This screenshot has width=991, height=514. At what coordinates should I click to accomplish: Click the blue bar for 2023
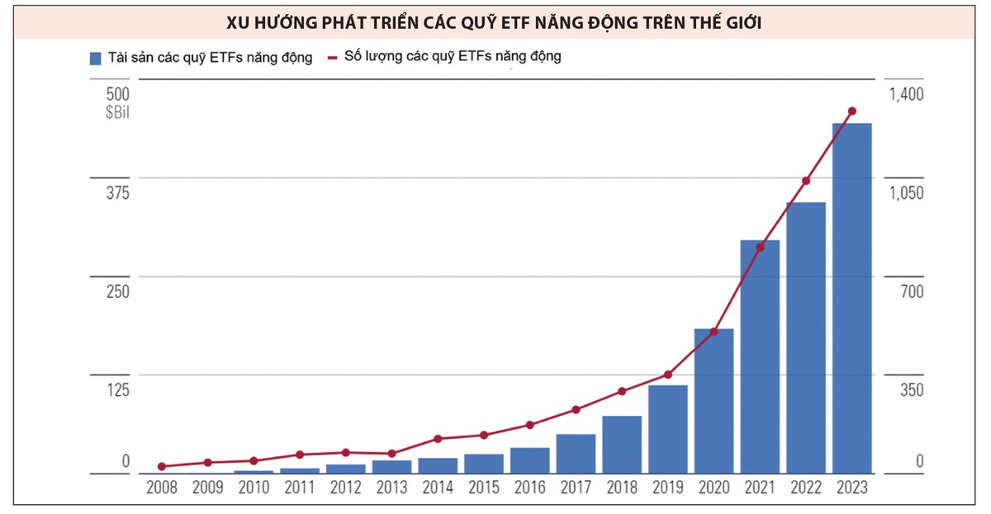851,297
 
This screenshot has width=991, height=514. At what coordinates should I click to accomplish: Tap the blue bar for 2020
714,401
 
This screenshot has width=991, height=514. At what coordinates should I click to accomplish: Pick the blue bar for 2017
576,454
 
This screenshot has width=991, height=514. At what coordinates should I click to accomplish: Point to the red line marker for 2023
852,111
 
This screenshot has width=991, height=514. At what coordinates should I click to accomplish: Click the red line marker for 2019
668,375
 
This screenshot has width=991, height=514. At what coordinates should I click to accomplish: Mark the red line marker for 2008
162,467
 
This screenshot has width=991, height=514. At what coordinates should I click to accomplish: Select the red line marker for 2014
438,439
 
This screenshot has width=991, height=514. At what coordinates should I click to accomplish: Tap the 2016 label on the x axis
529,488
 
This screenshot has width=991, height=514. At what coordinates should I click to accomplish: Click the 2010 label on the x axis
254,488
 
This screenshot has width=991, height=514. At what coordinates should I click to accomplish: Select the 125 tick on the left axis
118,389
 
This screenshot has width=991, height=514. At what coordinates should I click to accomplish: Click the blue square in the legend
95,58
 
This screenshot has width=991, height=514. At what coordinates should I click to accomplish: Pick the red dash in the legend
333,58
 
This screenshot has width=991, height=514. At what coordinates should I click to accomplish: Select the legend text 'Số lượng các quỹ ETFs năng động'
453,57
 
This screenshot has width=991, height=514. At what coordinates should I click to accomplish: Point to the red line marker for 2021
760,247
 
